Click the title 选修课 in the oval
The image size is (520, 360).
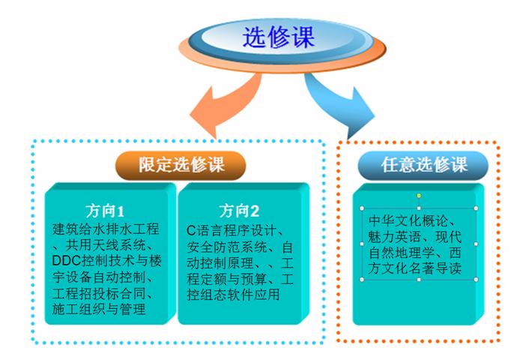pyautogui.click(x=278, y=37)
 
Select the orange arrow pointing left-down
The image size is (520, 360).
pyautogui.click(x=229, y=103)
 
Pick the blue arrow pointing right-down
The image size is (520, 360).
pyautogui.click(x=338, y=103)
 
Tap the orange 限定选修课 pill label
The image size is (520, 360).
pyautogui.click(x=181, y=165)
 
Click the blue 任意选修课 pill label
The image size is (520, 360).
pyautogui.click(x=423, y=165)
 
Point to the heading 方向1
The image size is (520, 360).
pyautogui.click(x=105, y=211)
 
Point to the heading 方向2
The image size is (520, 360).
pyautogui.click(x=239, y=211)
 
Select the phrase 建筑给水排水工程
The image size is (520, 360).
pyautogui.click(x=106, y=229)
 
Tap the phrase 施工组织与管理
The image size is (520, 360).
pyautogui.click(x=99, y=309)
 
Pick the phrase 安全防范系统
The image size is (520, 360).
pyautogui.click(x=227, y=247)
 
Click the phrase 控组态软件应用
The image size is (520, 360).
pyautogui.click(x=233, y=295)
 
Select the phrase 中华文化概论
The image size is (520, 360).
pyautogui.click(x=408, y=220)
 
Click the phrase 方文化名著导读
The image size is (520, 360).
pyautogui.click(x=414, y=268)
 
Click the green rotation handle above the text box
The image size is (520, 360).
pyautogui.click(x=419, y=196)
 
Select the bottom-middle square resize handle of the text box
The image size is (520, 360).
pyautogui.click(x=419, y=280)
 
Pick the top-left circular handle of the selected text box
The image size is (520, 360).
pyautogui.click(x=362, y=208)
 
